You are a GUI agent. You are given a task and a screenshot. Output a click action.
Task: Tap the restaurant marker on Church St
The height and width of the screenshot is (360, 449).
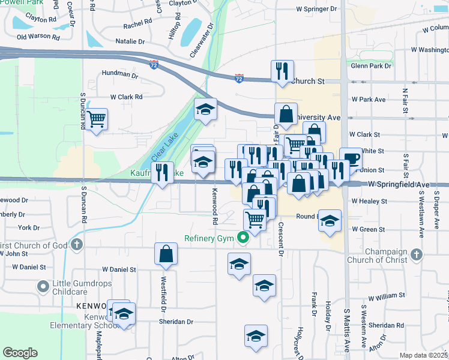pyautogui.click(x=281, y=71)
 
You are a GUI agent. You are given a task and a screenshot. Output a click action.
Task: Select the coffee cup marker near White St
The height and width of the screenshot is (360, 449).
pyautogui.click(x=351, y=159)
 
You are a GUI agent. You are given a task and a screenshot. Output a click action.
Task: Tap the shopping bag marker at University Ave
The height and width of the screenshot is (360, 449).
pyautogui.click(x=286, y=113)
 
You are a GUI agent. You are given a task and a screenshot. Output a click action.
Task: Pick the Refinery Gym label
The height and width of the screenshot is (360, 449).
pyautogui.click(x=207, y=238)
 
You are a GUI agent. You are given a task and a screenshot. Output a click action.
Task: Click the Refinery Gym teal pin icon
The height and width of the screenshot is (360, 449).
pyautogui.click(x=243, y=238)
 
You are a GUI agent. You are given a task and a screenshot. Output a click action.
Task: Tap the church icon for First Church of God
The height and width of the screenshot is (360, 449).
pyautogui.click(x=76, y=244)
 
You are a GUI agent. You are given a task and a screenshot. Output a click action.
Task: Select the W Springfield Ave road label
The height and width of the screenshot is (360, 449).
pyautogui.click(x=399, y=185)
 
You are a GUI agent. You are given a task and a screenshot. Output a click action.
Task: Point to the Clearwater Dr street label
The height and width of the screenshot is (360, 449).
pyautogui.click(x=202, y=40)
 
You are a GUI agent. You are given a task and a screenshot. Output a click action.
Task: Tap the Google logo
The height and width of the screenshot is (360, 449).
pyautogui.click(x=20, y=353)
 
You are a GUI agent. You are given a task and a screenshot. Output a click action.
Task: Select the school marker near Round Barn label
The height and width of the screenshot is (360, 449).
pyautogui.click(x=329, y=220)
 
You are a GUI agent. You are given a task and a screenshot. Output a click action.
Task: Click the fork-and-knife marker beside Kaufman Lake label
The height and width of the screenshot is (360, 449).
pyautogui.click(x=162, y=172)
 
